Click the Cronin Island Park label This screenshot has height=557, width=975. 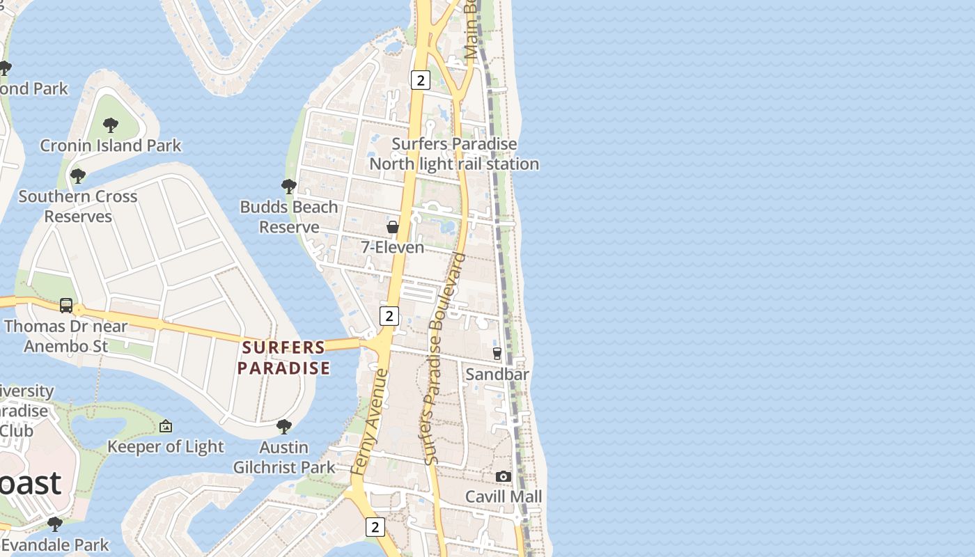point(110,146)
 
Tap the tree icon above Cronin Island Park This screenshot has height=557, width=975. point(110,125)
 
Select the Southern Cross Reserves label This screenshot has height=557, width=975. point(78,206)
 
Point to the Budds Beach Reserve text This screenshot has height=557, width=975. point(288,217)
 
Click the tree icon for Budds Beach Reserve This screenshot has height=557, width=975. point(288,186)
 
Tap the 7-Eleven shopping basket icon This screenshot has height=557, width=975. point(393,227)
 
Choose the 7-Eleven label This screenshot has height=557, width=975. point(392,247)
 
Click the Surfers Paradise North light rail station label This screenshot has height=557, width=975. point(454,154)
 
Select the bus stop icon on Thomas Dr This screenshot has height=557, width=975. point(66,305)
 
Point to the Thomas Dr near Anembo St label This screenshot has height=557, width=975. point(66,336)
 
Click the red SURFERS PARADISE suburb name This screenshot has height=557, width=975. point(283,357)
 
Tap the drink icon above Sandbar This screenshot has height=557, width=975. point(497,354)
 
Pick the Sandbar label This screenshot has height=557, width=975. point(497,374)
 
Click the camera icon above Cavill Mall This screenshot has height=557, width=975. point(504,476)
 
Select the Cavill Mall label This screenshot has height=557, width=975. point(504,496)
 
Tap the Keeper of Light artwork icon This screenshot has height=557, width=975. point(166,426)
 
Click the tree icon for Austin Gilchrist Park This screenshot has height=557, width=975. point(283,426)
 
